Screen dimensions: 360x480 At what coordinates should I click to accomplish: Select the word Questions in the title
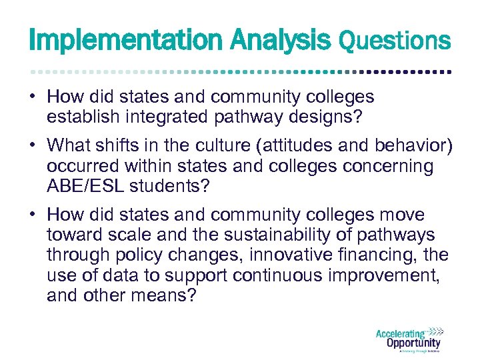pyautogui.click(x=395, y=41)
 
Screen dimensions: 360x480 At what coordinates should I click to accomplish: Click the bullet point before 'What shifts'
pyautogui.click(x=33, y=145)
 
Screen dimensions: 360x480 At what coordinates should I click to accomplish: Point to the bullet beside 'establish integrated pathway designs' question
pyautogui.click(x=33, y=97)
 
